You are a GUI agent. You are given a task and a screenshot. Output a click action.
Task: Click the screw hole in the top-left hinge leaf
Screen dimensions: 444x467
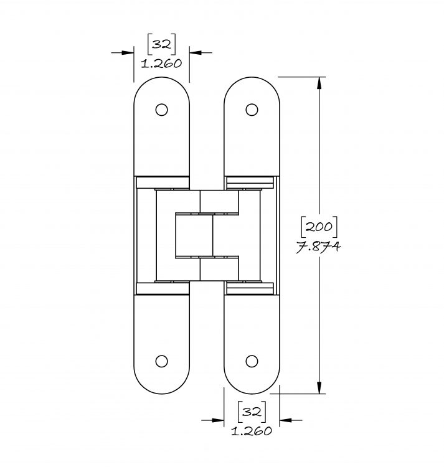tap(161, 110)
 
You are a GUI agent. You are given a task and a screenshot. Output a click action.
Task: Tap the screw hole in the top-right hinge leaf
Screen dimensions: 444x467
tap(252, 110)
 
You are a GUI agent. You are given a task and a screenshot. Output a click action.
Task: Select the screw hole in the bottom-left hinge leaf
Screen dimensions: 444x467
tap(161, 361)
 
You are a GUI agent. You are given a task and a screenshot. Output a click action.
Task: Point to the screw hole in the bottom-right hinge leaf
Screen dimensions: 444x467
tap(252, 361)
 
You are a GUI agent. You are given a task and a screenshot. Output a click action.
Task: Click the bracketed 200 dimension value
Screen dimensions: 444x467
tap(319, 227)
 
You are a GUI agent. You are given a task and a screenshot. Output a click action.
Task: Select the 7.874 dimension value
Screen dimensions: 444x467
tap(318, 247)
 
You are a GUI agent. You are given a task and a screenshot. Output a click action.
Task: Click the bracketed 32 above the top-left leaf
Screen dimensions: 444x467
tap(162, 44)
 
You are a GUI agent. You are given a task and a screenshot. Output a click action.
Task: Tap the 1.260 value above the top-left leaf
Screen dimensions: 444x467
tap(161, 64)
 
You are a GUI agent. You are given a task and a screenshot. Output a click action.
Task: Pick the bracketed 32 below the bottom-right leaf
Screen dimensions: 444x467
tap(252, 412)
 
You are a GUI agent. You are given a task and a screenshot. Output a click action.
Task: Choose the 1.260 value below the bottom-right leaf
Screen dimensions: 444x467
tap(252, 431)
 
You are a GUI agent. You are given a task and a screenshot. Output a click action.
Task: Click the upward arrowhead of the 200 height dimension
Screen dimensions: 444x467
tap(319, 83)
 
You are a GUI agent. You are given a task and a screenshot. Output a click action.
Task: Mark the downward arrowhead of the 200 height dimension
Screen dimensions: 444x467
tap(319, 388)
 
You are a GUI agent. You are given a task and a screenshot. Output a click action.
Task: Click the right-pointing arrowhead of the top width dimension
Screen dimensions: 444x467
tap(128, 53)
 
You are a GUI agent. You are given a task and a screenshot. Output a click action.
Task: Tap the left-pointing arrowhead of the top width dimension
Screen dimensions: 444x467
tap(196, 53)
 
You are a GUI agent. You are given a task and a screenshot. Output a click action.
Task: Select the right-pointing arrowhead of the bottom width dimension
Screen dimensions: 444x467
tap(218, 420)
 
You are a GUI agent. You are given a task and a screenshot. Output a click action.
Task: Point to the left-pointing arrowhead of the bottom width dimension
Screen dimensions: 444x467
tap(286, 420)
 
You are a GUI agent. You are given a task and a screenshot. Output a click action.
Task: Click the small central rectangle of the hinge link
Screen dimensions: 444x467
tap(194, 235)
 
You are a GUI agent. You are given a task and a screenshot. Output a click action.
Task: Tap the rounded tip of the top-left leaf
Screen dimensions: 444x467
tap(162, 77)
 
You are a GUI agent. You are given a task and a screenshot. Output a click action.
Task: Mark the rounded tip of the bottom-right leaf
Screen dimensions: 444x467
tap(252, 393)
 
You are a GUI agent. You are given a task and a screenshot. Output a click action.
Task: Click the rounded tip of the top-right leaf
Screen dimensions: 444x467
tap(252, 77)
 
